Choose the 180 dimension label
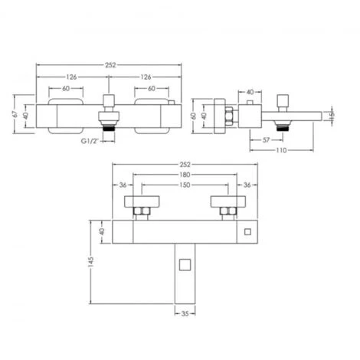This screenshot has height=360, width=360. pos(181,174)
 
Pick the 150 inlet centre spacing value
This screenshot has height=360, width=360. pos(181,185)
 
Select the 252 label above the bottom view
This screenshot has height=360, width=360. pos(181,164)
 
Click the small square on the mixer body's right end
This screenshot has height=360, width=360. pos(247,231)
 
